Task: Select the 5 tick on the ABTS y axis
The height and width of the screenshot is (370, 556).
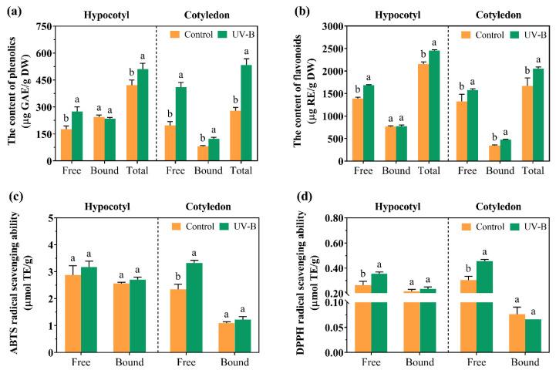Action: click(x=49, y=218)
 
